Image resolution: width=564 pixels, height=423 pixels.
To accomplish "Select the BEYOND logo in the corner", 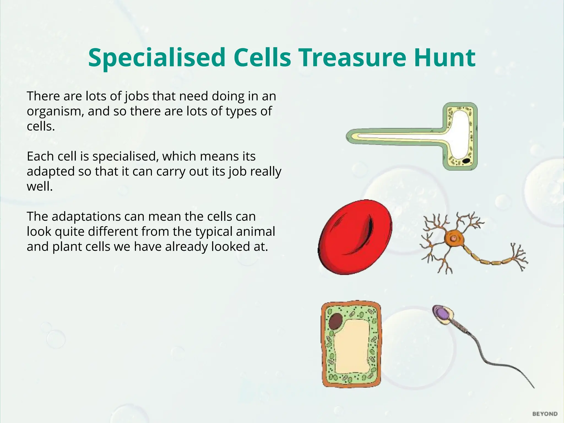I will pos(545,414).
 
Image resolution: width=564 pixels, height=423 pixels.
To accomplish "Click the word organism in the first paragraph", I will pos(54,112).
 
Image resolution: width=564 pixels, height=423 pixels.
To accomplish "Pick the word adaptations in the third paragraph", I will pos(86,217).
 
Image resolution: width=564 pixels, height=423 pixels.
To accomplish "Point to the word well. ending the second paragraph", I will pos(40,187).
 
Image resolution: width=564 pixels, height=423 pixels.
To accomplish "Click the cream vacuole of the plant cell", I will pos(351,347).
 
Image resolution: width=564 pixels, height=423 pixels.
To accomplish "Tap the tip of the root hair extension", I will pos(349,136).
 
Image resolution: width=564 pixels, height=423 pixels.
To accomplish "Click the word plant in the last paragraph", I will pos(67,247).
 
